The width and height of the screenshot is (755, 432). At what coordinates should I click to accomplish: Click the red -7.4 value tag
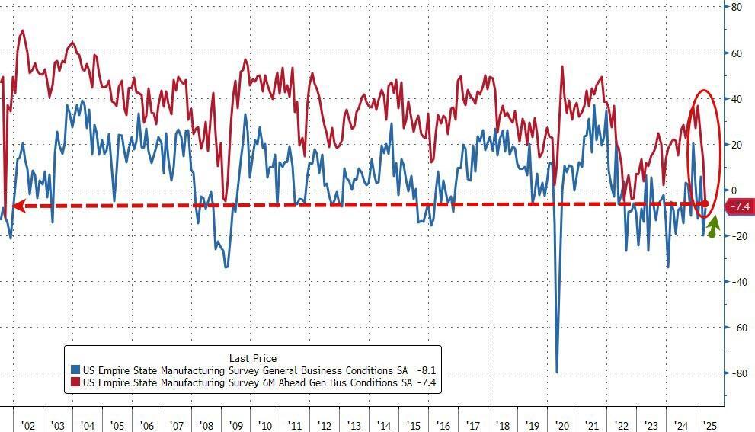[x=739, y=206]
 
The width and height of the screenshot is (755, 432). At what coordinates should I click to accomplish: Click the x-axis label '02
[x=27, y=425]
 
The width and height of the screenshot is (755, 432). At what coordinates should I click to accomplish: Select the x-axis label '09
[x=235, y=425]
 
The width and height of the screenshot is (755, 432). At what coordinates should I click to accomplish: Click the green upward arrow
[x=713, y=226]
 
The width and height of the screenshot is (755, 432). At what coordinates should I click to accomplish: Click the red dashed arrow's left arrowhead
[x=17, y=206]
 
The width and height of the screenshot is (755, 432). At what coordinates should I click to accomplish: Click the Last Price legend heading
[x=252, y=358]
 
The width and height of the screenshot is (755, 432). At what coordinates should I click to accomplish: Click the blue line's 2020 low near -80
[x=557, y=372]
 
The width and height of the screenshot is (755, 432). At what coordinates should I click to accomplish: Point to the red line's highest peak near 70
[x=22, y=31]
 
